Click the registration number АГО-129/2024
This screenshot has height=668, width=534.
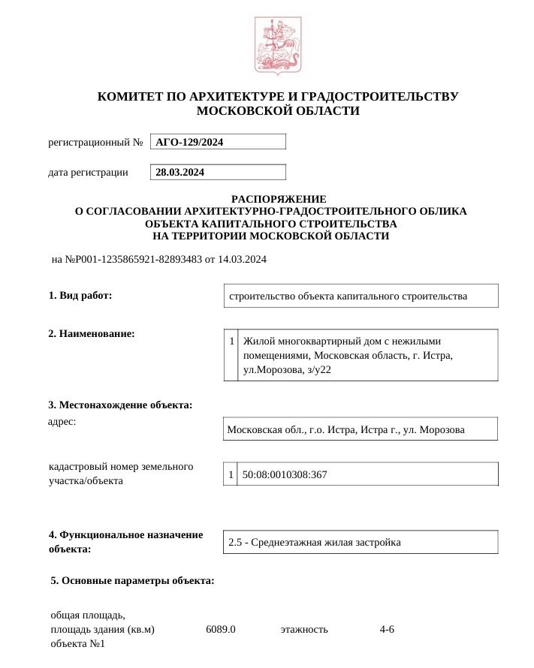[x=189, y=142]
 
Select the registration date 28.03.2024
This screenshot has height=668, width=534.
[x=180, y=173]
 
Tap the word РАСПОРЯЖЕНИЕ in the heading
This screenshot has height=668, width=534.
[x=279, y=199]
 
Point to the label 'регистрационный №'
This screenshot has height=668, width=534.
[x=95, y=142]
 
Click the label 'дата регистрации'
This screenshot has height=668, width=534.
[x=88, y=173]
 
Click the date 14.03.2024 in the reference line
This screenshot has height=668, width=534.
[x=242, y=260]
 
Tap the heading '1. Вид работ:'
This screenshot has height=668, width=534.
[x=80, y=295]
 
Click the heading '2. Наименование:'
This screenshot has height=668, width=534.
[x=92, y=333]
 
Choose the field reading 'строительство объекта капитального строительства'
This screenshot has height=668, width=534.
[x=348, y=296]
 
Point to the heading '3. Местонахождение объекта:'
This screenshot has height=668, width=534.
[x=120, y=405]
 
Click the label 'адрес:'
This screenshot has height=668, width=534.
[x=62, y=421]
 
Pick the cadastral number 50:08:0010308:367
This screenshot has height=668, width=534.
[x=284, y=474]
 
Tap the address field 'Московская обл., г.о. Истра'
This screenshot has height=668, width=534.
[x=345, y=430]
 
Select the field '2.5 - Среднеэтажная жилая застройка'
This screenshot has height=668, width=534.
[x=315, y=542]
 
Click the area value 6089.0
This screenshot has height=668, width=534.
[x=221, y=629]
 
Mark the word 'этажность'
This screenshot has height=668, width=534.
[x=304, y=629]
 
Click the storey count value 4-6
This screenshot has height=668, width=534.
[x=387, y=629]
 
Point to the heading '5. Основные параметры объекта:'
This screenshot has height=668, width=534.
[x=132, y=580]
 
